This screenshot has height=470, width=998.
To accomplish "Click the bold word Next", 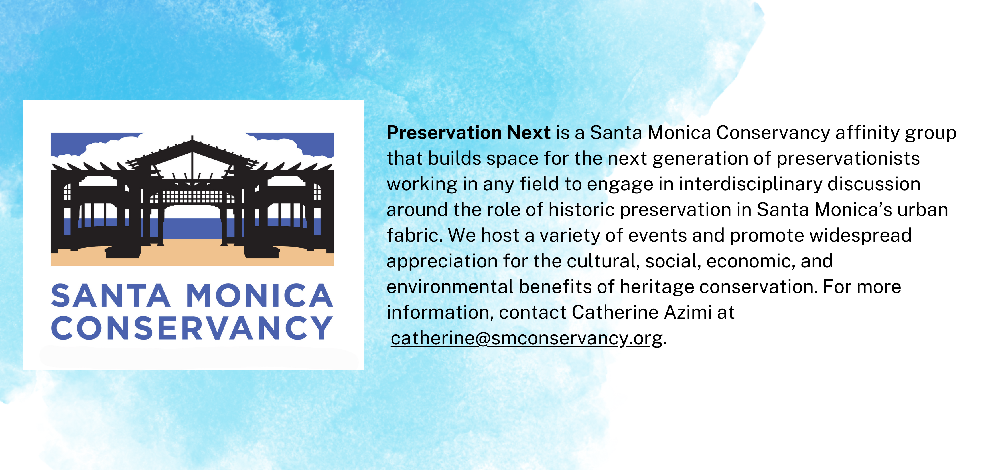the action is pyautogui.click(x=529, y=133).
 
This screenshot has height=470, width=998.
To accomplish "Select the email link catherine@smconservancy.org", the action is pyautogui.click(x=526, y=338).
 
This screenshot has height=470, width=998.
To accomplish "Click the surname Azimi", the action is pyautogui.click(x=688, y=312).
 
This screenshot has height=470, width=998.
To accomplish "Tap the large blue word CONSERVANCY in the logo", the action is pyautogui.click(x=192, y=328).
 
